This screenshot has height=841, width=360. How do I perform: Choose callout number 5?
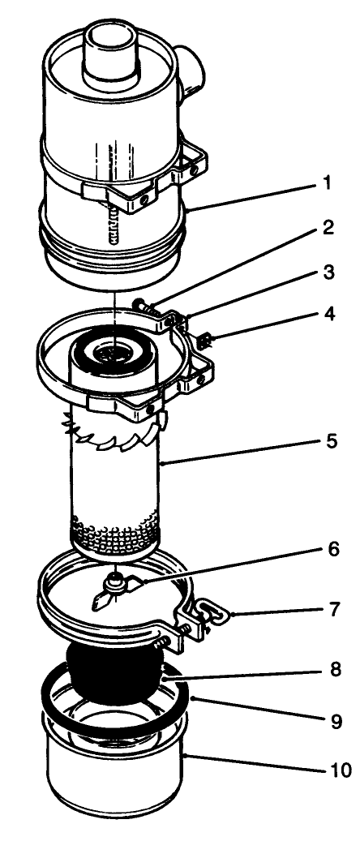328,442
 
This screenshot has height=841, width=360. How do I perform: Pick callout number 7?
328,607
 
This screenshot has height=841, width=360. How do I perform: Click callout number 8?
328,672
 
